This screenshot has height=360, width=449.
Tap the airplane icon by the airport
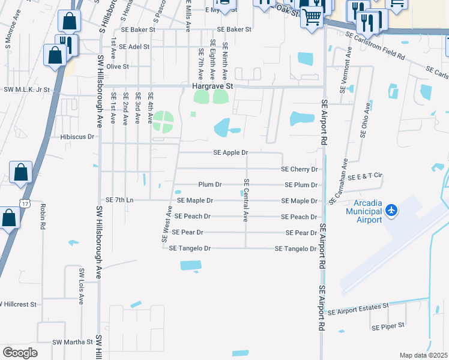pos(391,209)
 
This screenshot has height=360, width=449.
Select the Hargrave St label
pos(211,86)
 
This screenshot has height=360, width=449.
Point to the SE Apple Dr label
pos(231,153)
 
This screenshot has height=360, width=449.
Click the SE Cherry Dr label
pos(299,170)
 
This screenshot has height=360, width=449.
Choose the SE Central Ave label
pos(246,200)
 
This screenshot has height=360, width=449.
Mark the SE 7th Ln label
pos(119,200)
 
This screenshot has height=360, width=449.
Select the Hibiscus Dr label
pos(77,137)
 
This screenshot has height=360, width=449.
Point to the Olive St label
pos(118,67)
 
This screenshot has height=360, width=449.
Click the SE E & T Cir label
pos(365,176)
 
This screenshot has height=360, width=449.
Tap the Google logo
pos(20,353)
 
